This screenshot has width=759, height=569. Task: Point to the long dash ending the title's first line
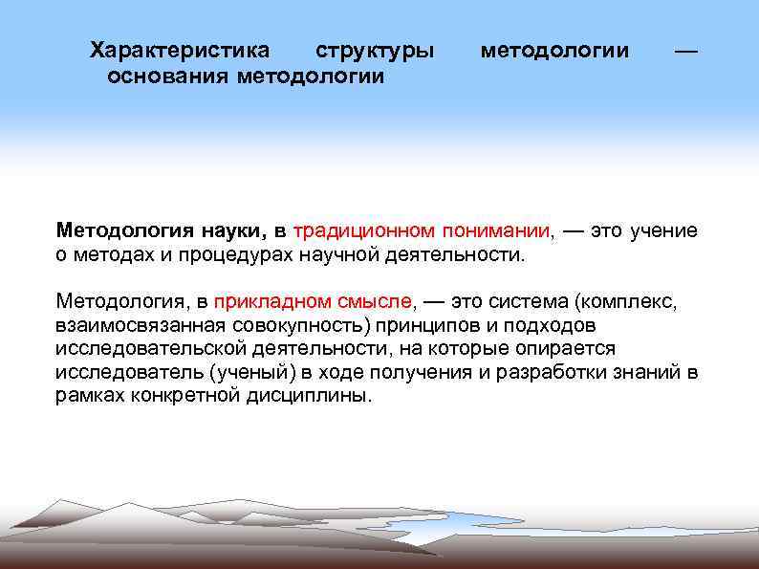point(685,51)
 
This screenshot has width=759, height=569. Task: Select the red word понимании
point(496,231)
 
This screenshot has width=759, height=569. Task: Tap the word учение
point(663,231)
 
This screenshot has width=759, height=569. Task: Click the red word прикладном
point(269,302)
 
